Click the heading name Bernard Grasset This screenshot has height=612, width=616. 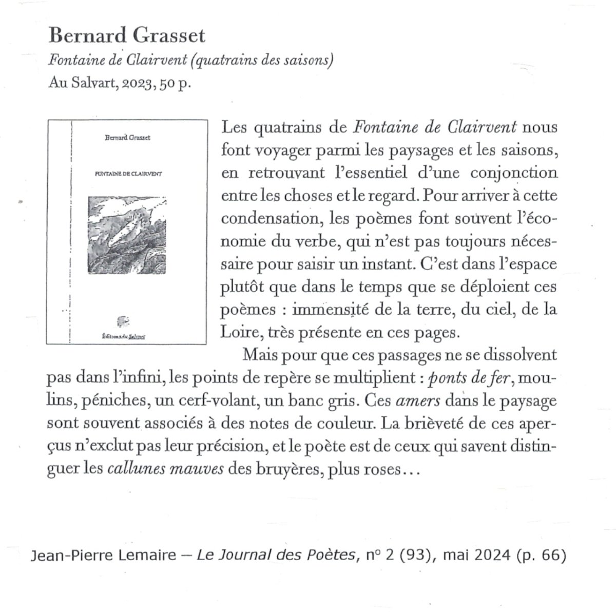(x=127, y=36)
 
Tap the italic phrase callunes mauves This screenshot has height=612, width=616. (x=165, y=469)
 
